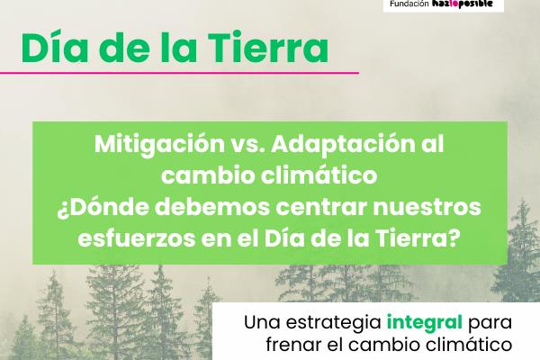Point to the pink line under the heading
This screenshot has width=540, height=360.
click(x=180, y=72)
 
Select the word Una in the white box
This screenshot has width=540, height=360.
click(x=262, y=321)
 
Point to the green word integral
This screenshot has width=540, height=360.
click(x=426, y=321)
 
